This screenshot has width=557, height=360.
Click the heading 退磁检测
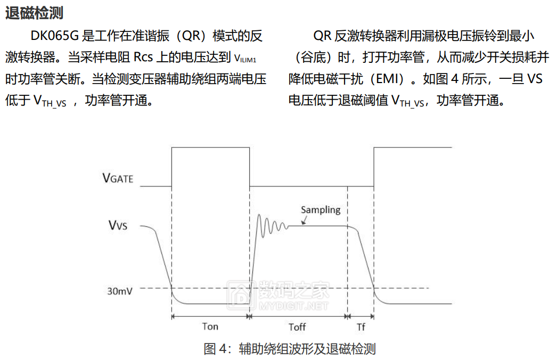(x=34, y=13)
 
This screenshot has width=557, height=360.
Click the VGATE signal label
(x=118, y=178)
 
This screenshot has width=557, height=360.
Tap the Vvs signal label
(x=118, y=225)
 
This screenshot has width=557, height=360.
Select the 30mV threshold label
(x=120, y=291)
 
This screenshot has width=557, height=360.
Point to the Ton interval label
(x=210, y=326)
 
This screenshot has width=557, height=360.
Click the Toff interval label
(x=297, y=327)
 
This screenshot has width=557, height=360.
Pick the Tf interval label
(x=361, y=327)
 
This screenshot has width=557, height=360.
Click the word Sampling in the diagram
(x=321, y=210)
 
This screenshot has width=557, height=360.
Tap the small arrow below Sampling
(x=304, y=220)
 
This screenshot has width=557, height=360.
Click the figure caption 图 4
(x=290, y=349)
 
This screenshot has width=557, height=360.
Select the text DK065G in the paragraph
(x=54, y=36)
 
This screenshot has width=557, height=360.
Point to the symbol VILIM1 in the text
(x=245, y=59)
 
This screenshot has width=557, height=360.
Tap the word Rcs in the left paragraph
(x=143, y=57)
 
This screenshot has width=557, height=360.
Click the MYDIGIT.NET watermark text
(x=293, y=306)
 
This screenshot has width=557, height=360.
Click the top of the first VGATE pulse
(x=211, y=148)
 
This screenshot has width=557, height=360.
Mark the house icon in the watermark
(x=241, y=294)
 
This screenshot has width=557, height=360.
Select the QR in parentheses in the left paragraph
(x=192, y=36)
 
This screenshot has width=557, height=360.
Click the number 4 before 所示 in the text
(x=455, y=78)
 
